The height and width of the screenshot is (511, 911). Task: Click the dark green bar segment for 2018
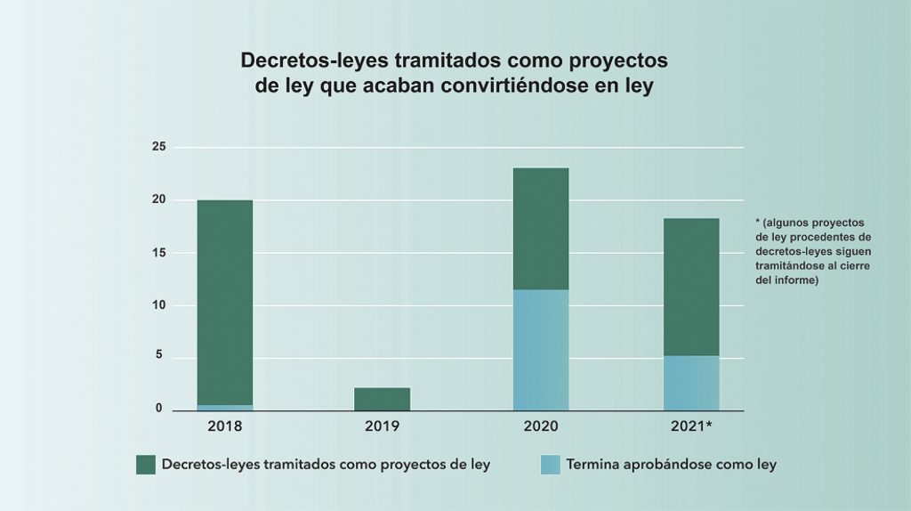coord(225,302)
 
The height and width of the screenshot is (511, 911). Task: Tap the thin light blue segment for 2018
coord(225,408)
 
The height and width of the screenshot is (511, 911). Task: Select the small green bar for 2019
coord(383,399)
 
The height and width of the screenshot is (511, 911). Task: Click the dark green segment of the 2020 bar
coord(541,229)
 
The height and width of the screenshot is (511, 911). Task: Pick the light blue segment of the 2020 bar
coord(541,350)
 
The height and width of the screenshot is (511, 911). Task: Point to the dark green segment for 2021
coord(691,287)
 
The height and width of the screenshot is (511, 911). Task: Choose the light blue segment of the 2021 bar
coord(691,383)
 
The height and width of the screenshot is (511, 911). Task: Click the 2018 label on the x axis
coord(225,426)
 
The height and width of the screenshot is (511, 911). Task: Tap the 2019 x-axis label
coord(383,426)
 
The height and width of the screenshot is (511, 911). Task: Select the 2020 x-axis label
coord(541,426)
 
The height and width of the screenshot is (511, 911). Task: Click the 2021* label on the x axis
coord(692,426)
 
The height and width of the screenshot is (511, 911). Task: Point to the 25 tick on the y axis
coord(158,147)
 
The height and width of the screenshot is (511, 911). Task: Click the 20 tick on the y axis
coord(158,199)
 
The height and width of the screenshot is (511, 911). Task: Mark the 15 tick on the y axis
coord(158,253)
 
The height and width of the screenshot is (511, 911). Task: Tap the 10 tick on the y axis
coord(158,305)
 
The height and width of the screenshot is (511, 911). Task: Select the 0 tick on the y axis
coord(160,410)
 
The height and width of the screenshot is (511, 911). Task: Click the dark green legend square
coord(146,465)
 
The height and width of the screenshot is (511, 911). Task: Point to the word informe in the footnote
coord(796,281)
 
